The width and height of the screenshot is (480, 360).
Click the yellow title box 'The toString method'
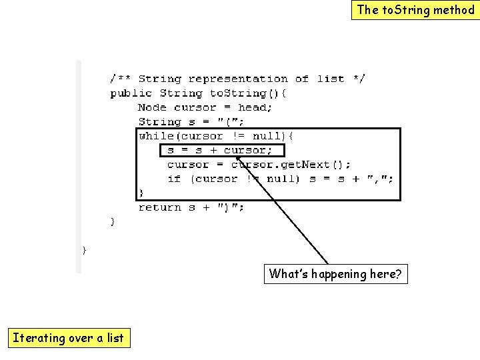pyautogui.click(x=415, y=10)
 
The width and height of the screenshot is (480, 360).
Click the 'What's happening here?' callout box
pyautogui.click(x=335, y=274)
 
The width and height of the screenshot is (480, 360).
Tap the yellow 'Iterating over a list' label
pyautogui.click(x=68, y=338)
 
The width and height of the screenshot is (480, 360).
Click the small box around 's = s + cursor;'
pyautogui.click(x=222, y=150)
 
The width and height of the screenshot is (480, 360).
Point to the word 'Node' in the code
pyautogui.click(x=153, y=107)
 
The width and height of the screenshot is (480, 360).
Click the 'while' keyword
pyautogui.click(x=153, y=136)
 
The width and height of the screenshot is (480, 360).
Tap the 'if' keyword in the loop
pyautogui.click(x=174, y=179)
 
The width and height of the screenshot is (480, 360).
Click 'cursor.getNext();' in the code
pyautogui.click(x=291, y=165)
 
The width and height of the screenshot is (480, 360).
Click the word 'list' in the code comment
pyautogui.click(x=331, y=79)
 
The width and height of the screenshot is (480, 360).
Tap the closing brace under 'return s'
pyautogui.click(x=112, y=221)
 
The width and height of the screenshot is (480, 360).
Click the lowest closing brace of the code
pyautogui.click(x=84, y=250)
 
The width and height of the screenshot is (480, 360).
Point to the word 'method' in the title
pyautogui.click(x=453, y=10)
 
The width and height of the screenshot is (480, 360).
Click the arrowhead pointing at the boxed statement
pyautogui.click(x=241, y=159)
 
